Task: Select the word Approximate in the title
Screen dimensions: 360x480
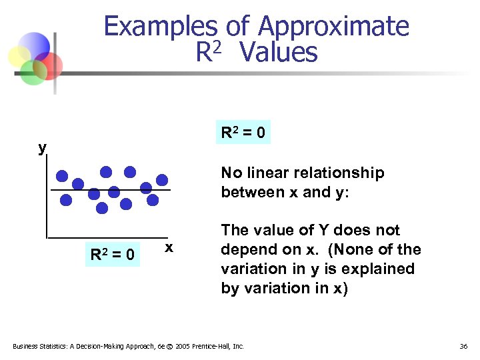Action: click(333, 27)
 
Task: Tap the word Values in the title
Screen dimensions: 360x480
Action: click(278, 52)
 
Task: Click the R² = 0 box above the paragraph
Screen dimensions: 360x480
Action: click(243, 133)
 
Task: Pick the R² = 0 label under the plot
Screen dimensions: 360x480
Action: click(113, 254)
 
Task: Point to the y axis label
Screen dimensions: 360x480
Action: click(43, 147)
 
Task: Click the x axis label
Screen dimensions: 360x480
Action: click(169, 247)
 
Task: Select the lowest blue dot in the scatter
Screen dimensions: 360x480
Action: click(102, 208)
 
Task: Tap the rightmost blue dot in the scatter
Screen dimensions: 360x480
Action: click(162, 179)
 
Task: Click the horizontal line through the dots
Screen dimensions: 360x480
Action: click(167, 191)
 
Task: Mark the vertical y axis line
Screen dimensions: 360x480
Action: click(47, 200)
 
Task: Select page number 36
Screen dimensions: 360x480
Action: click(464, 346)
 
